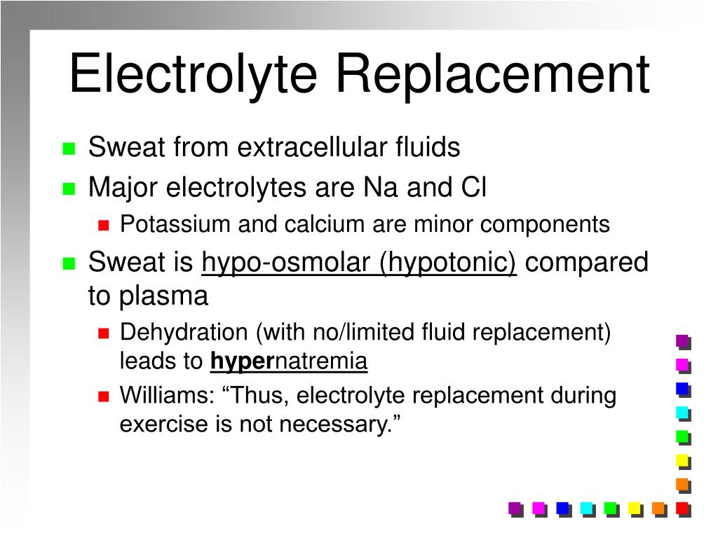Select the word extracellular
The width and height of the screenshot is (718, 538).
coord(313,148)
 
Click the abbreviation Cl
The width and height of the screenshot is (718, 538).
coord(473,188)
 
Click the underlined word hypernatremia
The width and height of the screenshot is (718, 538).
coord(289,361)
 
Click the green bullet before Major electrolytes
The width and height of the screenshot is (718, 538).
coord(69,188)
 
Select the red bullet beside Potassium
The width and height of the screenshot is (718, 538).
coord(104,226)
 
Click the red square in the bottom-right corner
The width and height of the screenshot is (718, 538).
coord(682,508)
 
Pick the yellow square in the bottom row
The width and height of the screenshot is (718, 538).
coord(634,508)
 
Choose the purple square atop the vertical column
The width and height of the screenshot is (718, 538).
coord(682,341)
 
